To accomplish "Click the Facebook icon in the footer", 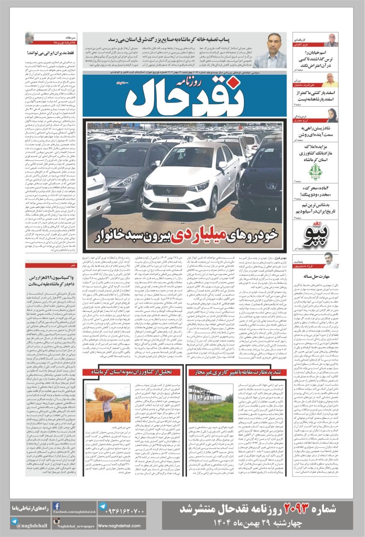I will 56,506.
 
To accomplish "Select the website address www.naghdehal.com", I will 119,526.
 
